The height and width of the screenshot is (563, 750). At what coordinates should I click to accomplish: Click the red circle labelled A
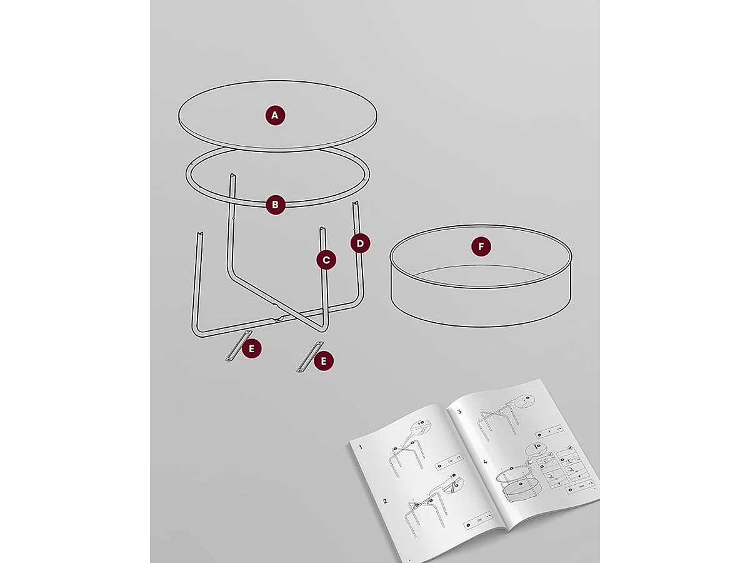click(x=275, y=115)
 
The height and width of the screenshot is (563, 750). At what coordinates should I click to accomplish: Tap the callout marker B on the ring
click(x=275, y=205)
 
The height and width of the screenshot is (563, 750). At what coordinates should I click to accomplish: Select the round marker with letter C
click(x=326, y=260)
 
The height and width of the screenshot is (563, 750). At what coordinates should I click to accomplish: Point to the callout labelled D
click(x=360, y=243)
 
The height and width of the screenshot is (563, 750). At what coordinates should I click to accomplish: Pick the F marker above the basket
click(x=481, y=247)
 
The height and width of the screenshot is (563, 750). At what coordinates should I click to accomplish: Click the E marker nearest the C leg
click(x=324, y=360)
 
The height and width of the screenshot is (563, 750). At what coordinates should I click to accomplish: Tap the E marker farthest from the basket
click(x=252, y=348)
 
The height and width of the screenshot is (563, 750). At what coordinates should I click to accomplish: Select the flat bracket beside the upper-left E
click(x=237, y=345)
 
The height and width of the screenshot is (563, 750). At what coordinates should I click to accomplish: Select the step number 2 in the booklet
click(x=385, y=501)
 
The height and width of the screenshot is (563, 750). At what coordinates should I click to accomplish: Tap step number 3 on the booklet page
click(x=459, y=412)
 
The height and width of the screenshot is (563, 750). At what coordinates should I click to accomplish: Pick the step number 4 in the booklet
click(x=486, y=463)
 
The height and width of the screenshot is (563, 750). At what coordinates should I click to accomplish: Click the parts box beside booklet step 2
click(x=478, y=519)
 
